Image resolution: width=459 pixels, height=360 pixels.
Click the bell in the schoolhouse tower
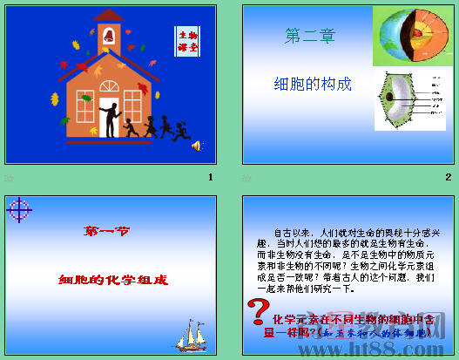click(109, 37)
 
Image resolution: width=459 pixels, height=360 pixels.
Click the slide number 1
click(210, 177)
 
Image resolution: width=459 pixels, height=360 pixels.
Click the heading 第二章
click(309, 37)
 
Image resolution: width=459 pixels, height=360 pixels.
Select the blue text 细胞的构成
click(313, 84)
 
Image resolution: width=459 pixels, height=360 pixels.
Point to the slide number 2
click(448, 177)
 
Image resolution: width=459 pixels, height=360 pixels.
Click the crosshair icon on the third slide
click(18, 208)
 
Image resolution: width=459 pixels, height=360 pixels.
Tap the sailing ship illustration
click(192, 332)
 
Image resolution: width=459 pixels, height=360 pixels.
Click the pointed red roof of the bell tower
click(109, 15)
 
